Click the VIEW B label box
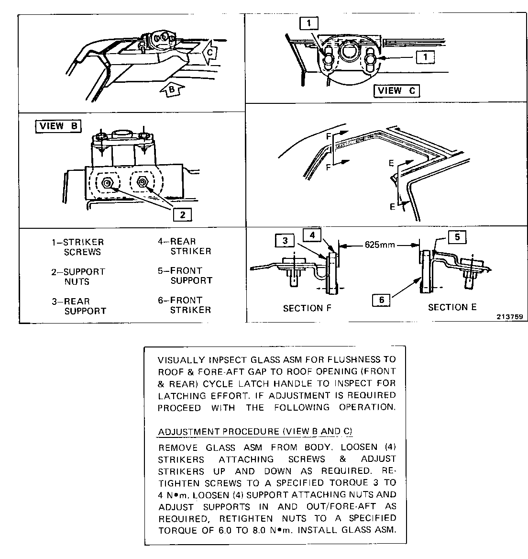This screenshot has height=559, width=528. click(x=58, y=126)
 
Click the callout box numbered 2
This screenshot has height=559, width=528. click(x=182, y=214)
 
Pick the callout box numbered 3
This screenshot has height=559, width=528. click(x=285, y=241)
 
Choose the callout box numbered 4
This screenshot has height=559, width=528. click(x=312, y=235)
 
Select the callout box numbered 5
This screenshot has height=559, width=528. click(x=457, y=237)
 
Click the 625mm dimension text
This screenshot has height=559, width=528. click(x=380, y=245)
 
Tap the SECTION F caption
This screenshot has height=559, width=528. click(x=307, y=309)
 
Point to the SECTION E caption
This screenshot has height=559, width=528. click(x=452, y=307)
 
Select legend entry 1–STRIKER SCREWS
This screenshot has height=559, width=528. click(x=78, y=247)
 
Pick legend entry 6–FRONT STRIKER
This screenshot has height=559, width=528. click(x=185, y=305)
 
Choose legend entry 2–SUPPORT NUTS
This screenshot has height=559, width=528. click(x=78, y=277)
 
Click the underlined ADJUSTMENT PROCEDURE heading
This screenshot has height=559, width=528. click(x=255, y=431)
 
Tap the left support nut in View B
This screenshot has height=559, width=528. click(x=108, y=182)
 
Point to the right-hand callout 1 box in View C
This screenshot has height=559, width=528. click(x=425, y=57)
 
